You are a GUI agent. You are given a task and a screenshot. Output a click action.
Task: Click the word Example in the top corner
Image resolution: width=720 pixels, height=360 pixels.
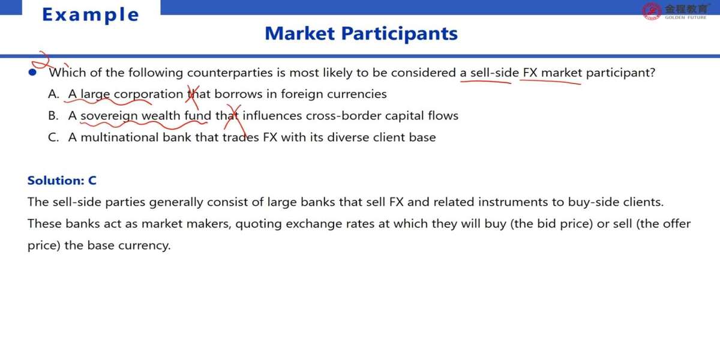(x=91, y=15)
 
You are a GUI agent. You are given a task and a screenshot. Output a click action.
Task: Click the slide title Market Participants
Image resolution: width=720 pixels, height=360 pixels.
(x=361, y=34)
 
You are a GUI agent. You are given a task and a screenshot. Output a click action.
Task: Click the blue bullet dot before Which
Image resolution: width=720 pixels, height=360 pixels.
(x=32, y=73)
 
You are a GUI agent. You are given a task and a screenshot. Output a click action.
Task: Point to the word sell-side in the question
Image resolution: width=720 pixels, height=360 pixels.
(x=494, y=73)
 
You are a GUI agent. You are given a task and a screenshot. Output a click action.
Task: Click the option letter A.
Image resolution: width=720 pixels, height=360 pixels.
(x=53, y=94)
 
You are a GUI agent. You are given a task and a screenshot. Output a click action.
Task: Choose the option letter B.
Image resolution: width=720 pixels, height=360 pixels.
(x=53, y=115)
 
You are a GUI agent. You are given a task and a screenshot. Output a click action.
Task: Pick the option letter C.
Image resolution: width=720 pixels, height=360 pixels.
(x=53, y=137)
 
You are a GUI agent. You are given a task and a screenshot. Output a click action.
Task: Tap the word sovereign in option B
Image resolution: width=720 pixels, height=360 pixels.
(x=109, y=116)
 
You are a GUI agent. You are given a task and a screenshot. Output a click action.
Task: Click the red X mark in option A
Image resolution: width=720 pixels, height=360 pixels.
(x=193, y=97)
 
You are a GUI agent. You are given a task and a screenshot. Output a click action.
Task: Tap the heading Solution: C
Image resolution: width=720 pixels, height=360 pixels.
(x=62, y=181)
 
